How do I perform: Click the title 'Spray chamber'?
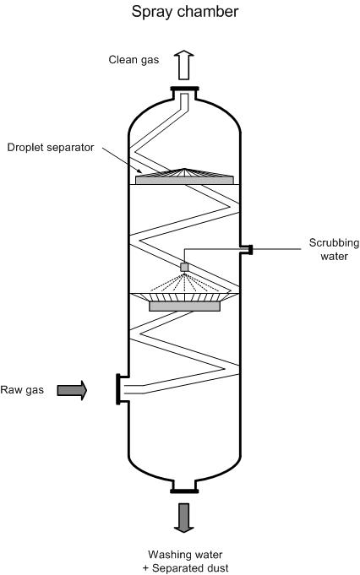[185, 12]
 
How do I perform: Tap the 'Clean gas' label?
[134, 60]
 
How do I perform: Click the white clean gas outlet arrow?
[183, 65]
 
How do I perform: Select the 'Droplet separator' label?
[51, 148]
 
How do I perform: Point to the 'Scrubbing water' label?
[334, 249]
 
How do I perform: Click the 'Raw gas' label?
[22, 389]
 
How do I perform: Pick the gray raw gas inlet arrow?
[72, 390]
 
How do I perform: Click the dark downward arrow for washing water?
[183, 518]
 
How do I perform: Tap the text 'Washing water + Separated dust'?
[185, 561]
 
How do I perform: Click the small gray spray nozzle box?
[184, 267]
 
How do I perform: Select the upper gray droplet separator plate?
[184, 180]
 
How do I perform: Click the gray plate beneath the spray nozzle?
[184, 306]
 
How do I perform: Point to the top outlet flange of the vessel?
[184, 89]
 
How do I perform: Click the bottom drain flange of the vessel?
[184, 491]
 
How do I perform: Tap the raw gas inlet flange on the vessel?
[118, 389]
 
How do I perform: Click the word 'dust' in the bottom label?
[216, 568]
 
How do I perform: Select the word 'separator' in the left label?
[72, 149]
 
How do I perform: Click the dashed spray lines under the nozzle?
[184, 282]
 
